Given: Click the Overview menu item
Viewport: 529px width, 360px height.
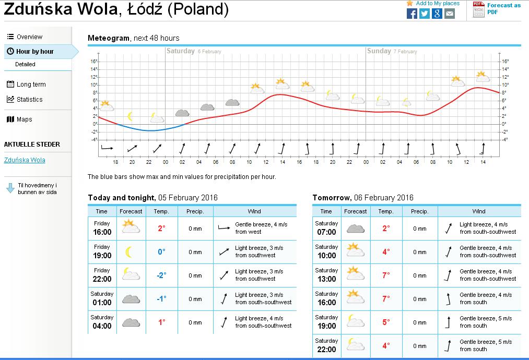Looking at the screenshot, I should pyautogui.click(x=29, y=37).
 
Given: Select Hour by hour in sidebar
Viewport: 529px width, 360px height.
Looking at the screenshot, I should pyautogui.click(x=34, y=52).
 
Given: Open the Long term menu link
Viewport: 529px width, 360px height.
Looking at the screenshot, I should pyautogui.click(x=31, y=85).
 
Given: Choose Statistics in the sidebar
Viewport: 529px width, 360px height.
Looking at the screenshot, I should pyautogui.click(x=29, y=100).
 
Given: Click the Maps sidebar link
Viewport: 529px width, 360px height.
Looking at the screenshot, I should pyautogui.click(x=24, y=119).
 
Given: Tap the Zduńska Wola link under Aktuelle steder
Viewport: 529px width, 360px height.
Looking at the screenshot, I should pyautogui.click(x=25, y=160).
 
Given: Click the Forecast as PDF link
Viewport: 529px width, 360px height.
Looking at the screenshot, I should pyautogui.click(x=503, y=8).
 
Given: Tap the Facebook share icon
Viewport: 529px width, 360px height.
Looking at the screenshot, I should pyautogui.click(x=412, y=14).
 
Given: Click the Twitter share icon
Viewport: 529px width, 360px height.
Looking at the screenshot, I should pyautogui.click(x=425, y=14).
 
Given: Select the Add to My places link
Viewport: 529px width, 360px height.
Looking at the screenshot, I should pyautogui.click(x=438, y=3).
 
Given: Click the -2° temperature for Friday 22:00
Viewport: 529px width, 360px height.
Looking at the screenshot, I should pyautogui.click(x=161, y=275).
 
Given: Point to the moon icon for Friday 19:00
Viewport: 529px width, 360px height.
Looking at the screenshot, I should pyautogui.click(x=128, y=252).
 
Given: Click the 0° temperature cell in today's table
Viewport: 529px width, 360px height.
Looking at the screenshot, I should pyautogui.click(x=161, y=252).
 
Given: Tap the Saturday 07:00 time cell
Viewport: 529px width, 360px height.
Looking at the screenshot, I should pyautogui.click(x=326, y=229).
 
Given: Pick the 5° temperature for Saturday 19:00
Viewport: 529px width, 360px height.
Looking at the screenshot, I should pyautogui.click(x=386, y=322).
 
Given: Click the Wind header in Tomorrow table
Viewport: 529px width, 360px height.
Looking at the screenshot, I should pyautogui.click(x=479, y=211).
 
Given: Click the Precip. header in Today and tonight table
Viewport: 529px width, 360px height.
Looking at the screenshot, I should pyautogui.click(x=195, y=211).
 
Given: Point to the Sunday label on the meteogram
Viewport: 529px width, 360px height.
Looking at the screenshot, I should pyautogui.click(x=379, y=51).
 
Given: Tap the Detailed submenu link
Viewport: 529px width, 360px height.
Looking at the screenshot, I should pyautogui.click(x=25, y=64).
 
